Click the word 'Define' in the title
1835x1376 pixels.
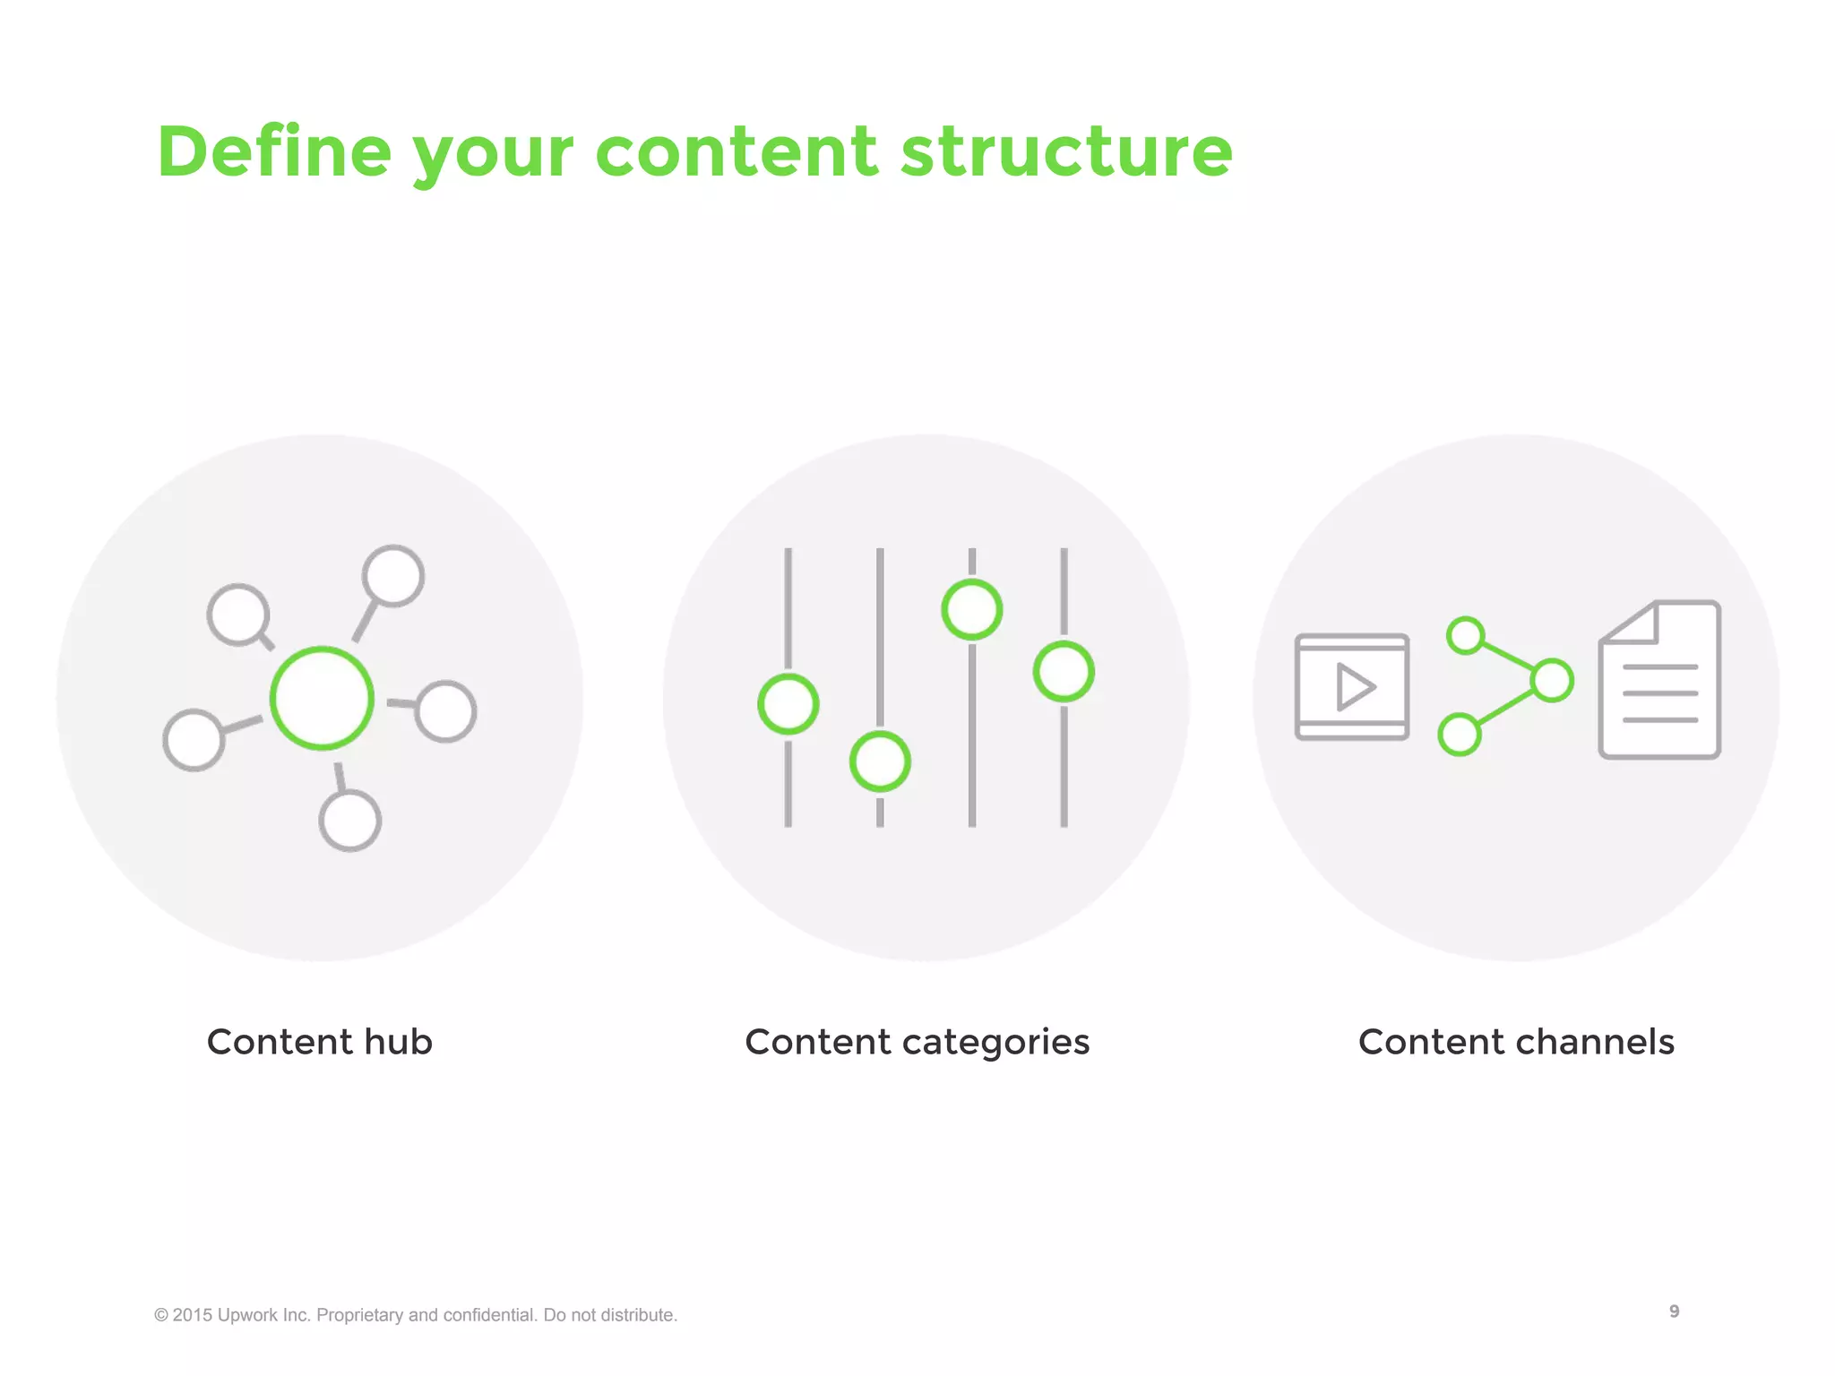274,152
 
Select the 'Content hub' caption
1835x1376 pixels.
319,1042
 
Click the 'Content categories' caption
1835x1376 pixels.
917,1042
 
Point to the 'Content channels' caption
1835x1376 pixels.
1516,1042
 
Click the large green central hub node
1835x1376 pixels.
322,698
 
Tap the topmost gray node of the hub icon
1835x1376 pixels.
393,576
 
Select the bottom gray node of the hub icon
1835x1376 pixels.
350,821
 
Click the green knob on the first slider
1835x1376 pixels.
788,704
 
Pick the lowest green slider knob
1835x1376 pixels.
880,761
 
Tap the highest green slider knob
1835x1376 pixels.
972,610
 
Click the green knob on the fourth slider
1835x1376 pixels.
1064,672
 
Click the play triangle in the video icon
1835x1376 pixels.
1355,687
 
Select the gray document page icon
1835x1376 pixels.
1660,681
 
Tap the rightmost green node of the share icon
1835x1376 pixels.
1552,680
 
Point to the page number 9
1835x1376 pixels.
1674,1311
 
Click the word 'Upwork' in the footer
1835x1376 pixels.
247,1315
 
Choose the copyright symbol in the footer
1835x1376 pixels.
161,1315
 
